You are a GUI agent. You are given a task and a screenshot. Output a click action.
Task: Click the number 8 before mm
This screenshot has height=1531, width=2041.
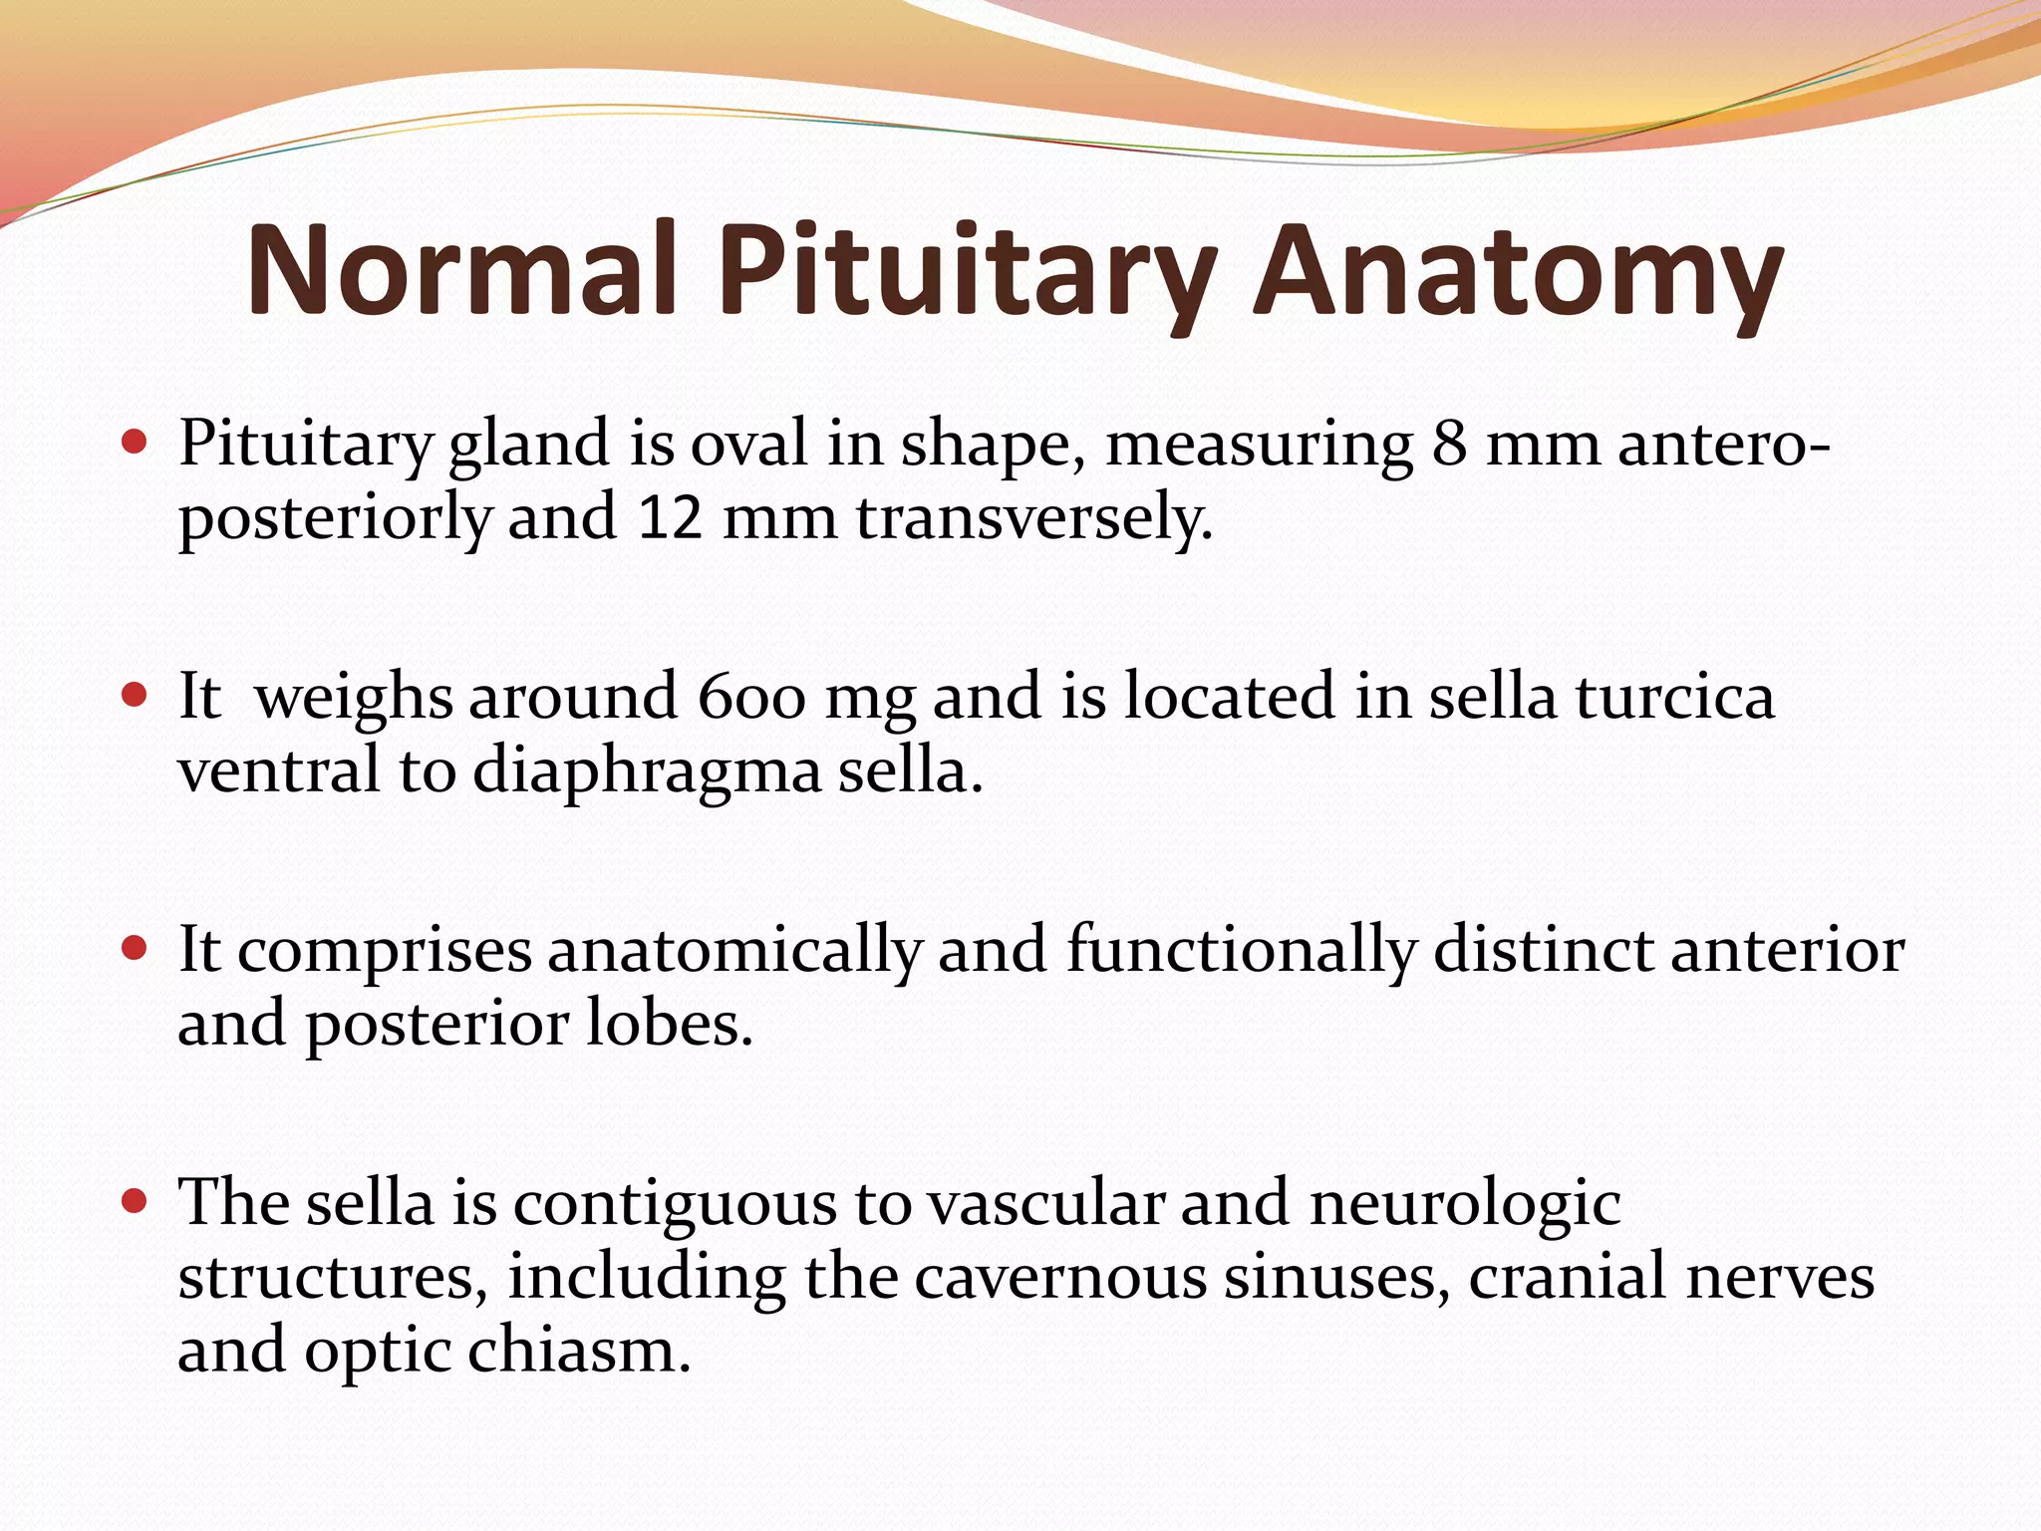1449,444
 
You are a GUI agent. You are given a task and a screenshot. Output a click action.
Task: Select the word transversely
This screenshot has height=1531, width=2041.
1033,518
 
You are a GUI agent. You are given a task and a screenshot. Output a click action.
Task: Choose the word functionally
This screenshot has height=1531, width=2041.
1242,950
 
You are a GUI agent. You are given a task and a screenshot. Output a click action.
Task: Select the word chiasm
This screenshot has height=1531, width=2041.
579,1352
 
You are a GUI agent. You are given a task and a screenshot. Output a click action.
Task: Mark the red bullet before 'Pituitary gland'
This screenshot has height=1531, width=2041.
134,441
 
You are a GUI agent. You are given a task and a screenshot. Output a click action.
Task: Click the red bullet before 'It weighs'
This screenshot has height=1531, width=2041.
134,694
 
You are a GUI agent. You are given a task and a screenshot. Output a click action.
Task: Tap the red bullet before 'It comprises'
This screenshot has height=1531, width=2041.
134,947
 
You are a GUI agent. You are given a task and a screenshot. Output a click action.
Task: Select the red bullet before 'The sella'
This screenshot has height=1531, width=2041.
134,1201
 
